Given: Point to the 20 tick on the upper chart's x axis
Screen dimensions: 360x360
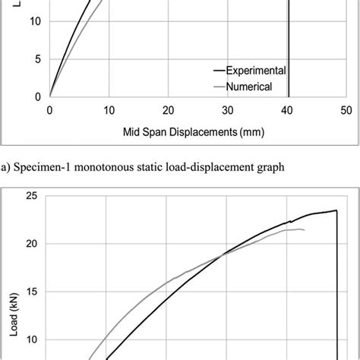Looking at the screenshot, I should pyautogui.click(x=168, y=110).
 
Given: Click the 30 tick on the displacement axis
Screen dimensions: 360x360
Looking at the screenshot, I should pyautogui.click(x=227, y=110).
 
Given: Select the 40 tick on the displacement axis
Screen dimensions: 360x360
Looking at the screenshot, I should pyautogui.click(x=286, y=110).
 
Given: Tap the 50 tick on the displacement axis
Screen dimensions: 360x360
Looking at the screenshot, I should pyautogui.click(x=346, y=110).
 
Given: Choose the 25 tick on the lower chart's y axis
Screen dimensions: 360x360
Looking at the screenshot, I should pyautogui.click(x=31, y=196).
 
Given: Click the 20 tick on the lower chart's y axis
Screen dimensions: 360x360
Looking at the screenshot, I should pyautogui.click(x=31, y=244).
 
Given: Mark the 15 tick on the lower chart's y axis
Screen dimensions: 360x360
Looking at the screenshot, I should pyautogui.click(x=31, y=292).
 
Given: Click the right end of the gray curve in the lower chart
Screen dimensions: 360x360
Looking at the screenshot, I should pyautogui.click(x=305, y=230).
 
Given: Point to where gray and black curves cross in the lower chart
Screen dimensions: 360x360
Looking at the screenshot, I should pyautogui.click(x=222, y=254).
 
